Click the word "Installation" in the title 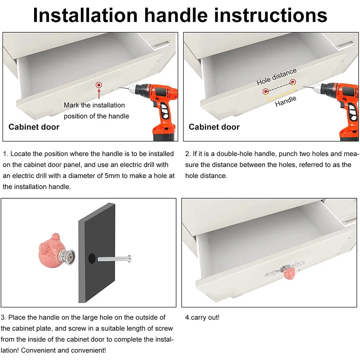coord(85,15)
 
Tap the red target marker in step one coord(99,85)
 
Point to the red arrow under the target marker coord(99,94)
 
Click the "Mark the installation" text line coord(94,105)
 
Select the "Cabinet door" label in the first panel coord(34,127)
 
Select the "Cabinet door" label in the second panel coord(214,127)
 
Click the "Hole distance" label coord(277,77)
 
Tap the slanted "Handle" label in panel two coord(286,101)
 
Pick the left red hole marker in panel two coord(266,91)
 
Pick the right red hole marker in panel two coord(293,82)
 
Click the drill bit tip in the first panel coord(119,88)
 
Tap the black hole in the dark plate coord(92,258)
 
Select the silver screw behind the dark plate coord(115,259)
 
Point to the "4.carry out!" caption coord(202,317)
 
